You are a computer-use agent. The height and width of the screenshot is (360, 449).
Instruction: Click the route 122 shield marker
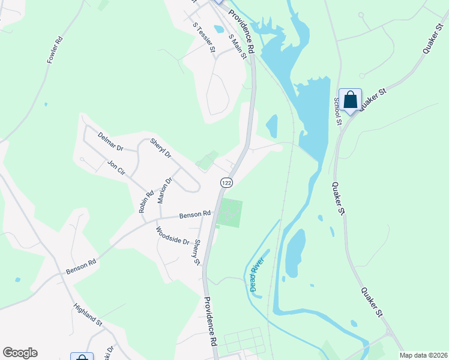[226, 182]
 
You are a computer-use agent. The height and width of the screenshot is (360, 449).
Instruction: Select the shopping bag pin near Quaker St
[350, 100]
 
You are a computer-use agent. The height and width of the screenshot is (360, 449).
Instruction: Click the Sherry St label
[196, 252]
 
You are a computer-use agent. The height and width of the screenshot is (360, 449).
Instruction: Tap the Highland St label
[88, 315]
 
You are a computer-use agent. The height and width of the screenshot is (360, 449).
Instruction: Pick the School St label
[337, 111]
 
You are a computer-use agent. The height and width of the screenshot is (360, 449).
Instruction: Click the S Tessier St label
[203, 37]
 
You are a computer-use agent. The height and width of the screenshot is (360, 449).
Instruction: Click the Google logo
[20, 353]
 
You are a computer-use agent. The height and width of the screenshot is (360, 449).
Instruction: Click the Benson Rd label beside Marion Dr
[194, 214]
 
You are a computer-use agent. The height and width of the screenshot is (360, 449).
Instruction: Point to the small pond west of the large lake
[271, 126]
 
